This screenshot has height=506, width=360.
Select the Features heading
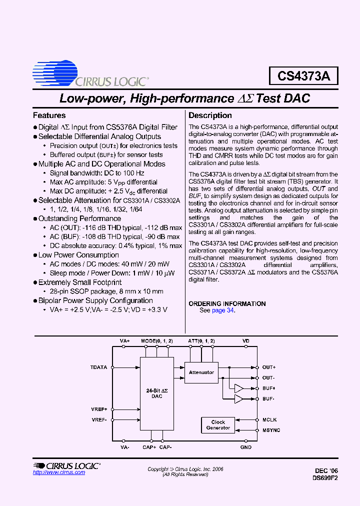tap(49, 115)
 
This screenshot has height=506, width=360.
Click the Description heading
tap(210, 115)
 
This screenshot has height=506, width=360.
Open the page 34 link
tap(222, 310)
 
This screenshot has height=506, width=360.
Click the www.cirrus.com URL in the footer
tap(59, 472)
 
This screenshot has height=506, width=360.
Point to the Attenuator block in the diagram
tap(201, 372)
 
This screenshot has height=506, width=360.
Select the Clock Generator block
tap(218, 425)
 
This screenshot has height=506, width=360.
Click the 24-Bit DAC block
tap(156, 393)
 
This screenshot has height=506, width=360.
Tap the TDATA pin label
tap(98, 367)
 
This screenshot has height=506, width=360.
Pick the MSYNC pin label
tap(271, 430)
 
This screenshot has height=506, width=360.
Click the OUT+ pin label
tap(268, 367)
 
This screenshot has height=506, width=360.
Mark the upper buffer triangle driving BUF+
tap(238, 388)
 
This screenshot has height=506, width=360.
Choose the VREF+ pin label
tap(99, 409)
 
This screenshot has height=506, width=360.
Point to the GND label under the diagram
tap(245, 447)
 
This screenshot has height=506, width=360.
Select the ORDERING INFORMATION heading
tap(227, 303)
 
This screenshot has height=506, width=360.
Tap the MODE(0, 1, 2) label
tap(157, 340)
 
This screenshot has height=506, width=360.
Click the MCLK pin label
tap(269, 420)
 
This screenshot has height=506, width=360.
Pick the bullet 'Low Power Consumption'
tap(78, 255)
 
